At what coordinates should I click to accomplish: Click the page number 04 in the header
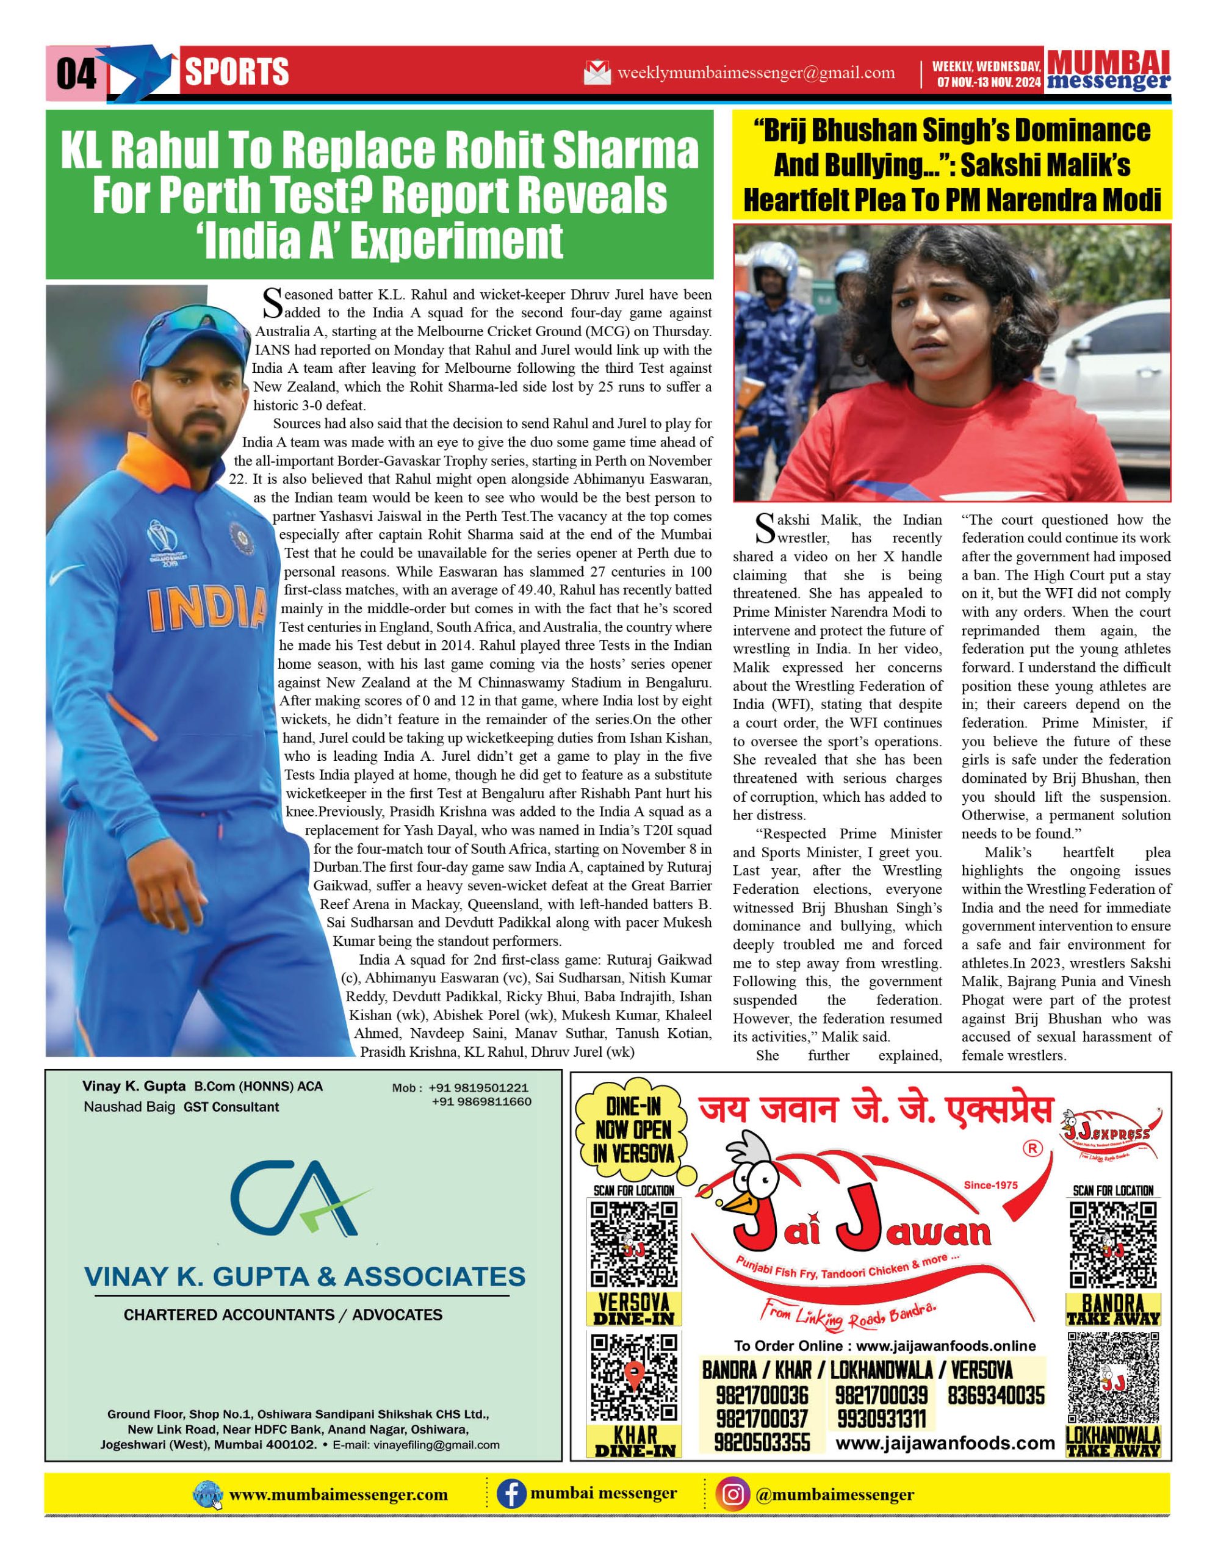[76, 73]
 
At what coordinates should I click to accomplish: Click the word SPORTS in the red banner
[237, 72]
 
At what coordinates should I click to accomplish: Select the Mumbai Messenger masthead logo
[1108, 71]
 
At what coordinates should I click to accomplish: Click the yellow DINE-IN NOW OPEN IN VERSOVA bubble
[633, 1130]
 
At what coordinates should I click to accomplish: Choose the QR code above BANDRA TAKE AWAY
[1113, 1245]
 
